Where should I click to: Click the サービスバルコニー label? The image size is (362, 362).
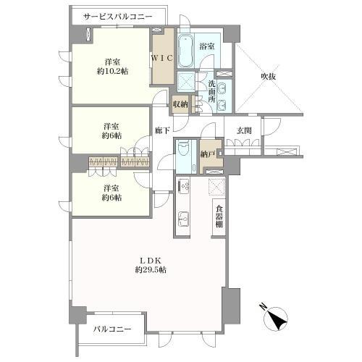point(118,15)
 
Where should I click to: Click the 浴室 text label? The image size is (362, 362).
point(207,46)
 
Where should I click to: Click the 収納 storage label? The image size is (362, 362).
point(181,104)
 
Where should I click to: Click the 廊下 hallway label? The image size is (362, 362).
point(163,130)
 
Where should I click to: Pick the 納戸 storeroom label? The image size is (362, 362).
point(211,153)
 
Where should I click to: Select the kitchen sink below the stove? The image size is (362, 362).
point(184,217)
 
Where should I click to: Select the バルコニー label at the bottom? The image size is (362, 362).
point(114,329)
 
